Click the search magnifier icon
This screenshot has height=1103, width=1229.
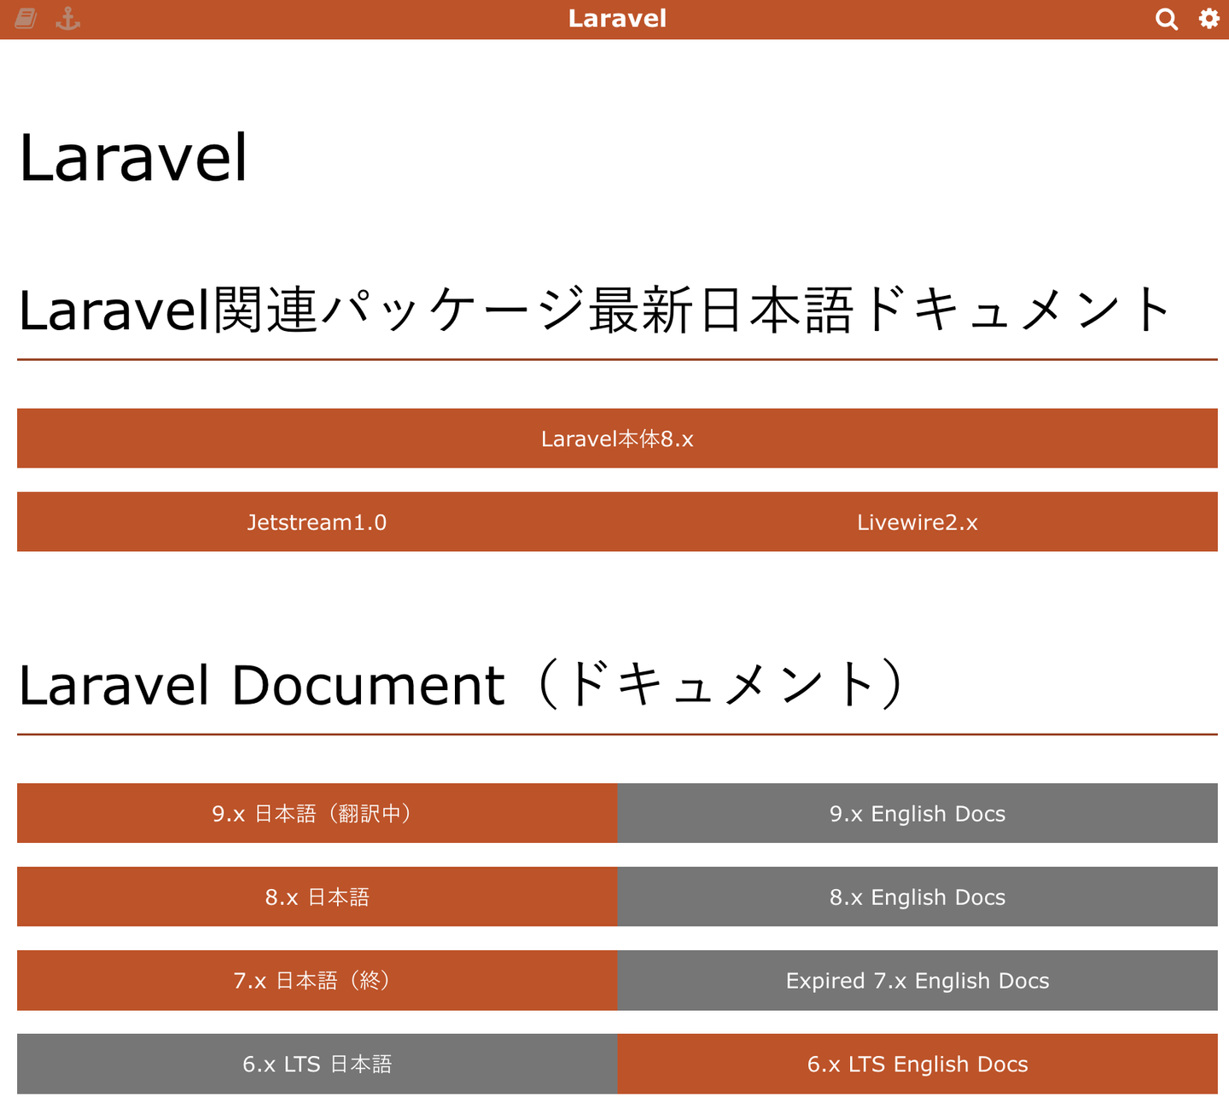1166,20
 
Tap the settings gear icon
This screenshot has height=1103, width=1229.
1209,18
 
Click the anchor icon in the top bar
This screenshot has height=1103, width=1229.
68,19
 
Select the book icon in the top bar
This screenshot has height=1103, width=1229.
26,19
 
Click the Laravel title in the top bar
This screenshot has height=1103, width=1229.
617,19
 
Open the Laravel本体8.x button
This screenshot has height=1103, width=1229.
617,438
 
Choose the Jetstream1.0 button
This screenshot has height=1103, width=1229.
317,521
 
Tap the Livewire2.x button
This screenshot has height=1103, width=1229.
917,521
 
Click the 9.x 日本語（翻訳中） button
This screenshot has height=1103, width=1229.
317,813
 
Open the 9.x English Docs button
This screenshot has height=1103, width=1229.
917,813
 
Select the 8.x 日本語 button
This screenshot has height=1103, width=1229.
317,897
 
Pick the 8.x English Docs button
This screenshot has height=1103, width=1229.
917,897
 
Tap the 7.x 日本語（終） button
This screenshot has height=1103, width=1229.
317,980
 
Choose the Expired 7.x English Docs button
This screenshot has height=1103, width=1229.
917,980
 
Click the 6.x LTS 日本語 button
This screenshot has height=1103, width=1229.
317,1064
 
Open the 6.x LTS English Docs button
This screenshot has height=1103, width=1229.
917,1064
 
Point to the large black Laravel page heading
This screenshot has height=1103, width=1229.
133,157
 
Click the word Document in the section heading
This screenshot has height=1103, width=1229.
368,685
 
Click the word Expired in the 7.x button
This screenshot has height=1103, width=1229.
825,980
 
